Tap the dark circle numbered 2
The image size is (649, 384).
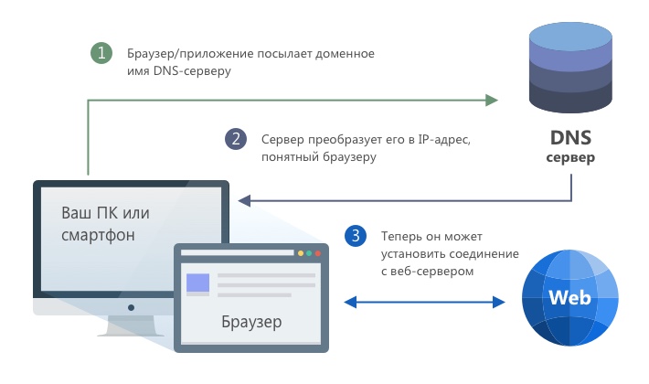(236, 139)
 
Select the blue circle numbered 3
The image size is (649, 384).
(354, 235)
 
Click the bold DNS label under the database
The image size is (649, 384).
(570, 139)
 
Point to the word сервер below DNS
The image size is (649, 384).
(570, 158)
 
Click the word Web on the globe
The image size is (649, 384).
(568, 299)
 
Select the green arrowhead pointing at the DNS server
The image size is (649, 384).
(491, 98)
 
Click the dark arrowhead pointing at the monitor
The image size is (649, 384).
(244, 200)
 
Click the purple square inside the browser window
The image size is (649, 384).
(197, 283)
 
